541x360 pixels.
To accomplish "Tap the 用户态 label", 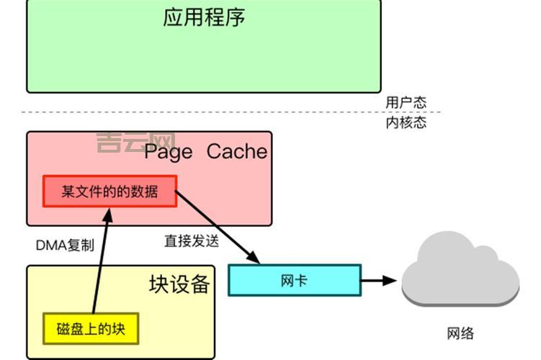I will pos(406,102).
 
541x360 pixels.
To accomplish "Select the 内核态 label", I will pos(406,122).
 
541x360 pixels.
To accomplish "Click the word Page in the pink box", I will pos(169,152).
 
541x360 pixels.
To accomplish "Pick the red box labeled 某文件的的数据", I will pos(109,192).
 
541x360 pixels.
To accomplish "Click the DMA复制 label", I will pos(65,245).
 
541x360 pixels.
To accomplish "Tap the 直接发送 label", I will pos(191,241).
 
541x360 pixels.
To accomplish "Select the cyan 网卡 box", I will pos(294,280).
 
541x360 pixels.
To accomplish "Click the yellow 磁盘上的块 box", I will pos(90,329).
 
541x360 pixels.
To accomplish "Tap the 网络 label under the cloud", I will pos(461,333).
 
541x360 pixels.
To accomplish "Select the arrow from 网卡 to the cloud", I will pos(378,280).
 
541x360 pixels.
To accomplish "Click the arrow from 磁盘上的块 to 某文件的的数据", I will pos(99,259).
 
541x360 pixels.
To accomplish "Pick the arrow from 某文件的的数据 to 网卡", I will pos(216,226).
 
